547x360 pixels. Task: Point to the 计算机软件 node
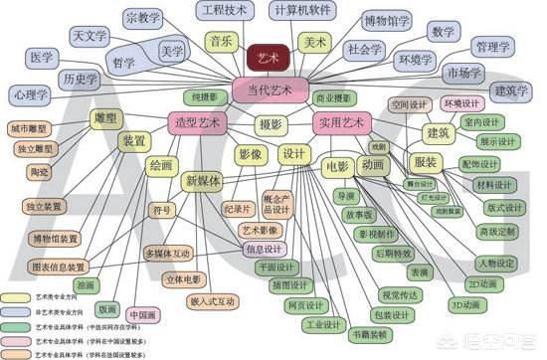tap(299, 10)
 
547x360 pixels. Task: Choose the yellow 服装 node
tap(425, 162)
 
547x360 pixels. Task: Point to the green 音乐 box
tap(220, 42)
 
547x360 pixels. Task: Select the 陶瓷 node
tap(39, 172)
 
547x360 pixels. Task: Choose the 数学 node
tap(443, 32)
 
